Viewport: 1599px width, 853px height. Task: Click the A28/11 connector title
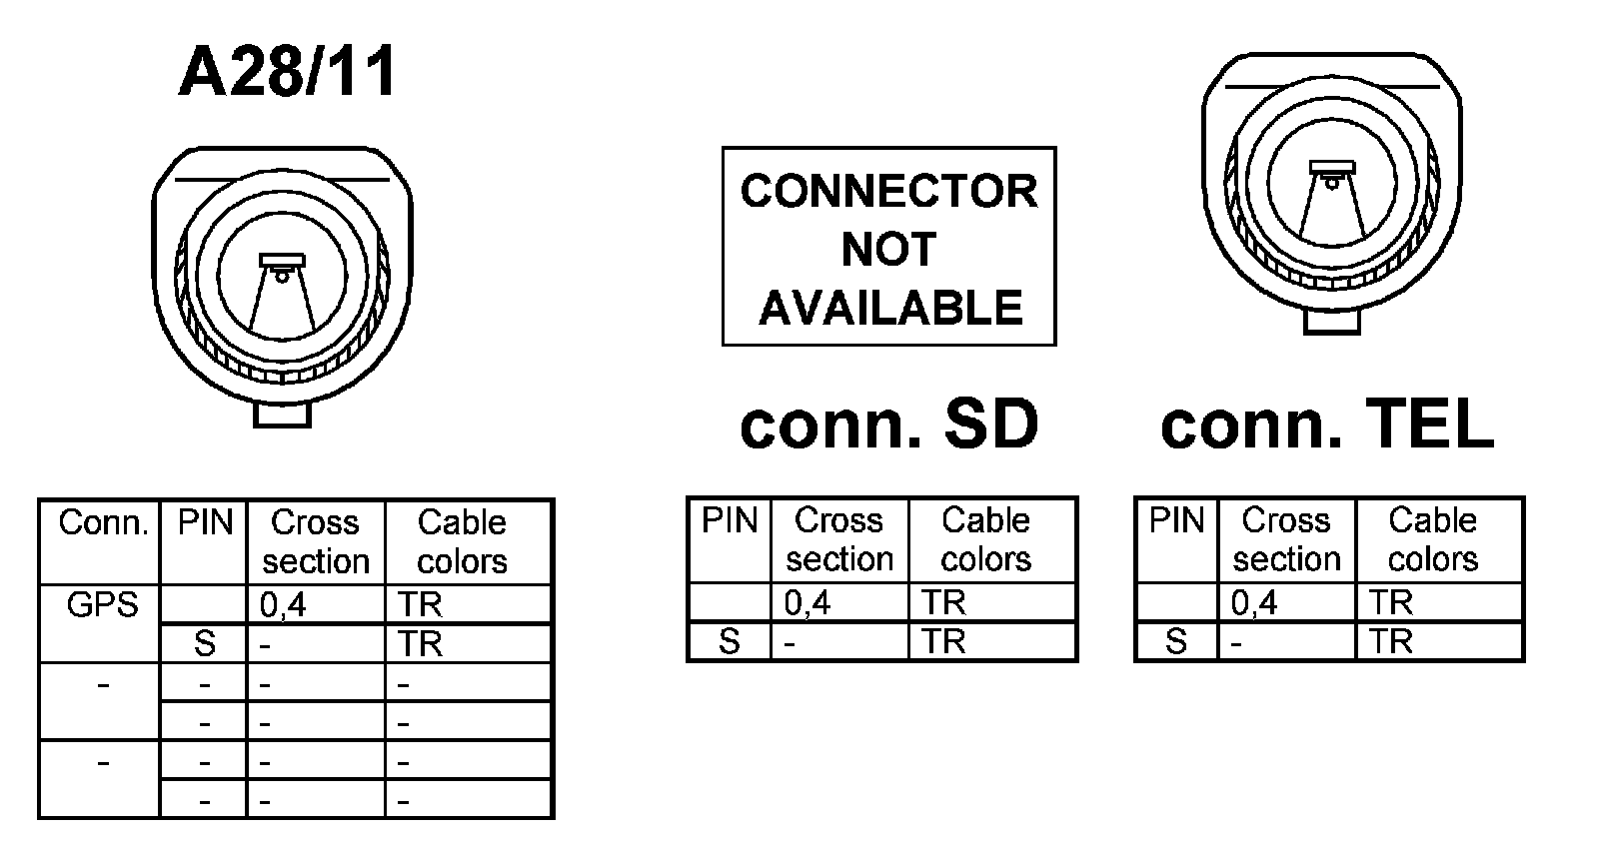[288, 72]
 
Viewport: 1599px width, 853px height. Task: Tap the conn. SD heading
[888, 424]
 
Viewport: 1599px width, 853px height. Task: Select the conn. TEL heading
[1326, 424]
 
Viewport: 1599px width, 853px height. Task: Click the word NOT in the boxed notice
[888, 249]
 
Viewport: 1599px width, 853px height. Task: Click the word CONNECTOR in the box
[888, 191]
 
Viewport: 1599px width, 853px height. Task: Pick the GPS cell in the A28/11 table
[101, 604]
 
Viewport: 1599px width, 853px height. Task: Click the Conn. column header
[102, 522]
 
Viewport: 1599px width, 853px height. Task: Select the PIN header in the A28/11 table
[205, 522]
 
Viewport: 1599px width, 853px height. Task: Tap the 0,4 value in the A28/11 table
[283, 605]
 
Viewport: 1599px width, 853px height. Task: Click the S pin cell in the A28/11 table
[204, 644]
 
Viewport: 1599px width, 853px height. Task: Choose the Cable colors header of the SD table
[985, 539]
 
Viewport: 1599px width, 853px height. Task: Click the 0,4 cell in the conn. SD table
[807, 603]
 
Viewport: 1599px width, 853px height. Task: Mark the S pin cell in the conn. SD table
[730, 641]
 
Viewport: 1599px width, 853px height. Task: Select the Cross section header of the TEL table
[1286, 539]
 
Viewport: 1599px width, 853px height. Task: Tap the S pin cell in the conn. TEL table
[1176, 641]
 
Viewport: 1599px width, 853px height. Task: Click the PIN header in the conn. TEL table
[1176, 520]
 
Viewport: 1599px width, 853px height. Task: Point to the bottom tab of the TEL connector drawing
[1332, 321]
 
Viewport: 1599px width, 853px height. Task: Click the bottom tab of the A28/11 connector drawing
[282, 414]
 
